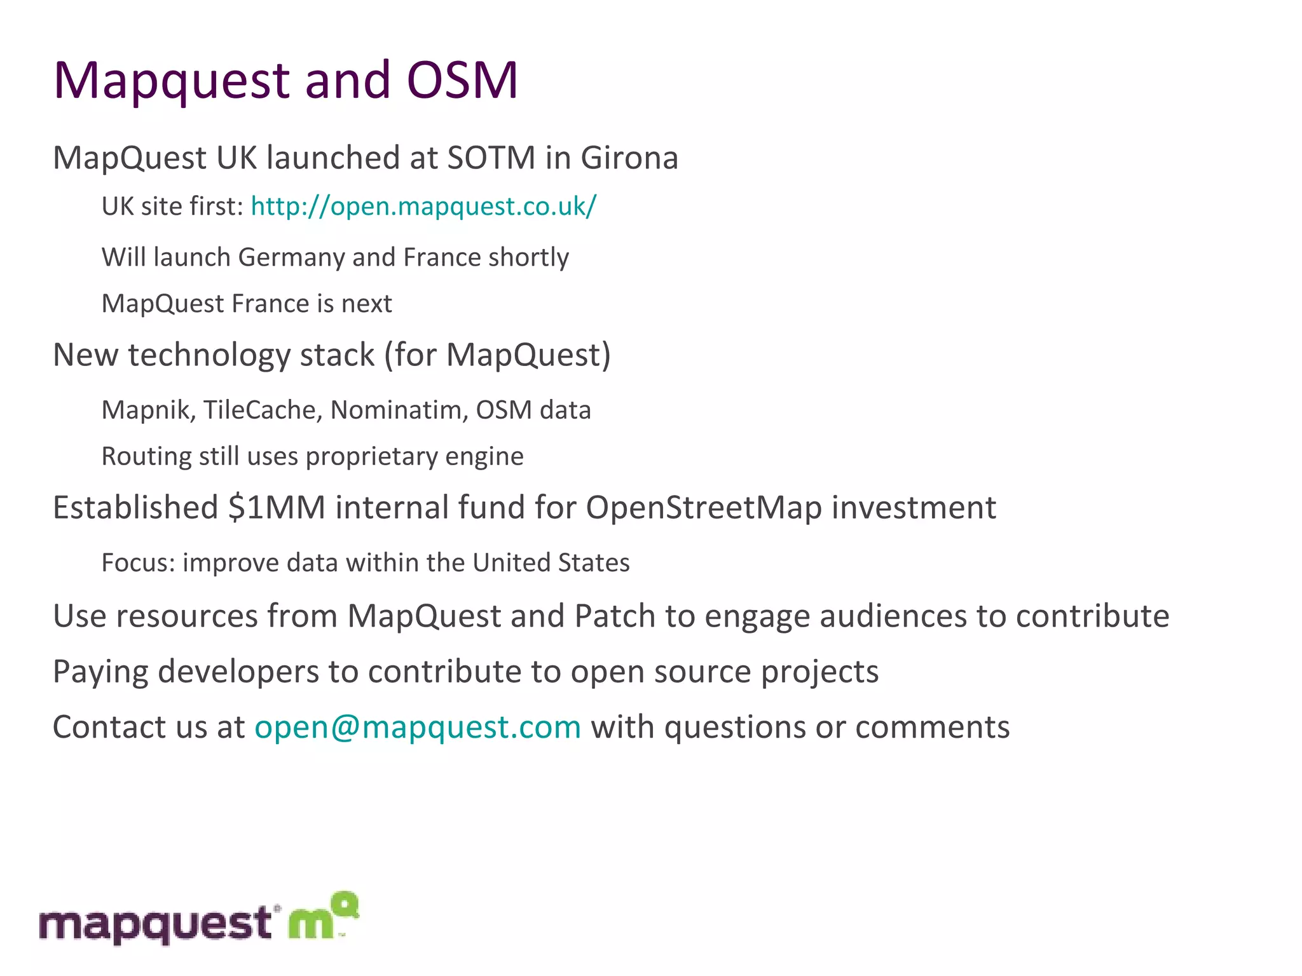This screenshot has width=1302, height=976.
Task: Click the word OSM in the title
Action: click(x=462, y=81)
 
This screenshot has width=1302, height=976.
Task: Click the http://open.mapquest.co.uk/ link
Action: click(x=423, y=207)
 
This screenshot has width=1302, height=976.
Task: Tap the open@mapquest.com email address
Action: click(x=418, y=727)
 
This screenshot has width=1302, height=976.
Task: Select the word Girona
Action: click(x=629, y=158)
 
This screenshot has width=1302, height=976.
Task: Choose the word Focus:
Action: click(x=138, y=563)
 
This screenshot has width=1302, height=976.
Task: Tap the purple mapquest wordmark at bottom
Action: click(x=156, y=925)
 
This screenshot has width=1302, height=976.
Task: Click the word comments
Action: click(x=932, y=727)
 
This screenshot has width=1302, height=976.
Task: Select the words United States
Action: click(x=551, y=563)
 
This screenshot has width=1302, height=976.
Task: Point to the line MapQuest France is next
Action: click(x=247, y=304)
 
